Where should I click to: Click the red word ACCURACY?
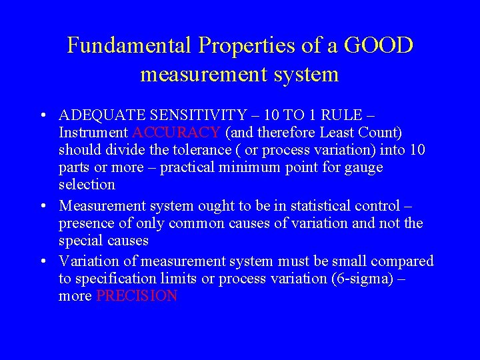177,132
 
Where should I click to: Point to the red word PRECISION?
137,296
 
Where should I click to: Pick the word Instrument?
93,132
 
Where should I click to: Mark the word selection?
87,184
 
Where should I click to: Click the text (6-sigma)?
360,279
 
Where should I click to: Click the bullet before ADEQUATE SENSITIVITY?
43,115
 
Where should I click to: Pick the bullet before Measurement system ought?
43,206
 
